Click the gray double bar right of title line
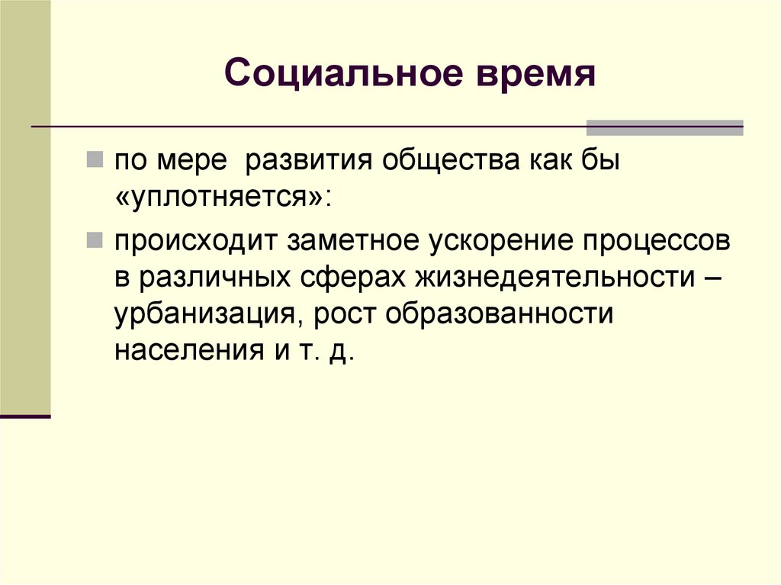click(664, 127)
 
